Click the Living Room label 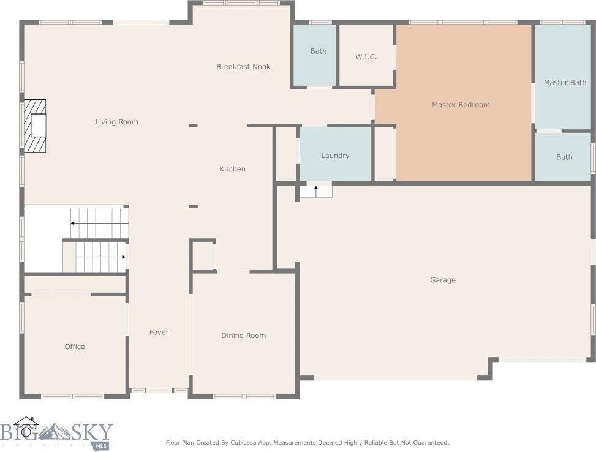click(116, 122)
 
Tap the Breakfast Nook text click(243, 67)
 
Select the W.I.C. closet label click(366, 57)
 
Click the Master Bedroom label click(461, 105)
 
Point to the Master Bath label click(565, 83)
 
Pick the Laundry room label click(335, 156)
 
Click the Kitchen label click(232, 169)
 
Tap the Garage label click(442, 280)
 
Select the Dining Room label click(243, 336)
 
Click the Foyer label click(159, 333)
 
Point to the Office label click(75, 347)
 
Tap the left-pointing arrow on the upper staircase click(73, 224)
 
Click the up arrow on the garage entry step click(315, 189)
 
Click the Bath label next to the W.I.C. click(318, 51)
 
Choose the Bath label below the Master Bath click(564, 157)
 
